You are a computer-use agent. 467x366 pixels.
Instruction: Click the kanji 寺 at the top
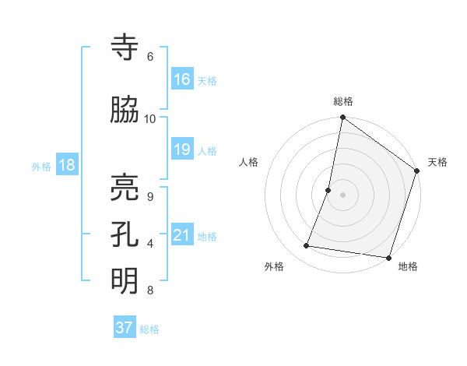(x=125, y=48)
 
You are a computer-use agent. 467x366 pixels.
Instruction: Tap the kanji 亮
(x=125, y=187)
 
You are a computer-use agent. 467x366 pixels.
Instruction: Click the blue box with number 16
(x=182, y=79)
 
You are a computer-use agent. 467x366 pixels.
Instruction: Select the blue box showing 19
(x=182, y=150)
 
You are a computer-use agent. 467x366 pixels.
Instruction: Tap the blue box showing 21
(x=182, y=235)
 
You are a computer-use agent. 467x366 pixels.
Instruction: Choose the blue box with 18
(x=66, y=165)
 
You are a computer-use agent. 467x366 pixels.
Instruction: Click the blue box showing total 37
(x=125, y=328)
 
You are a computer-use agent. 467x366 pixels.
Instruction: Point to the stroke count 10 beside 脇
(x=150, y=118)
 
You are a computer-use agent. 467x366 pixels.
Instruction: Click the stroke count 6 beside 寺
(x=150, y=56)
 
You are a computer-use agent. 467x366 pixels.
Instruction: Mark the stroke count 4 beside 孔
(x=150, y=244)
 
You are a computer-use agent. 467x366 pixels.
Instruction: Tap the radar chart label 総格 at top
(x=343, y=101)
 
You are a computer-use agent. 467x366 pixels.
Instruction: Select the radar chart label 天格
(x=437, y=162)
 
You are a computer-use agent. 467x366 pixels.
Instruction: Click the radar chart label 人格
(x=249, y=162)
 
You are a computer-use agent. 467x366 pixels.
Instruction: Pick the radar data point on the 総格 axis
(x=342, y=118)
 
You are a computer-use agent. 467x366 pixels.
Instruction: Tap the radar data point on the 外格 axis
(x=307, y=246)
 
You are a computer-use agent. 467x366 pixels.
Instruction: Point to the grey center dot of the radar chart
(x=342, y=195)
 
